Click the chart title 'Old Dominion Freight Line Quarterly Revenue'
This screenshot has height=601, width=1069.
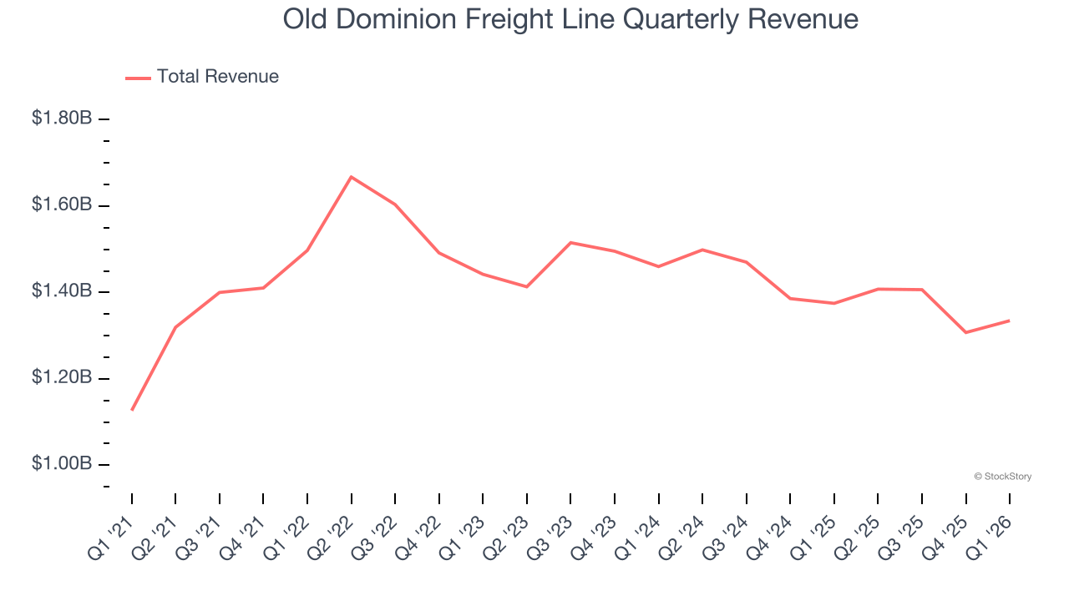click(570, 19)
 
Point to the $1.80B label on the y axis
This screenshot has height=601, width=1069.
click(62, 119)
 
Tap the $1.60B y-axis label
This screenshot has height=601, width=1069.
click(62, 205)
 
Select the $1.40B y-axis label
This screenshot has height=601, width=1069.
click(62, 291)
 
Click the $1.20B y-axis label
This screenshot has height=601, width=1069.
click(62, 378)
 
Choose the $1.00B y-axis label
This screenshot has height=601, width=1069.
click(62, 464)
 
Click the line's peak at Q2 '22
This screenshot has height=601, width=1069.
click(352, 177)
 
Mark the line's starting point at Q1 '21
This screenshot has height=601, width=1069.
click(132, 410)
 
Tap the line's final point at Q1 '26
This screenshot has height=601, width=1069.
click(1010, 321)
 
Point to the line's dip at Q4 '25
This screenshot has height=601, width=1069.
click(966, 332)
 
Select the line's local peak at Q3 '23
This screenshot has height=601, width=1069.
click(570, 243)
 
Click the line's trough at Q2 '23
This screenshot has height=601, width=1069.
click(527, 286)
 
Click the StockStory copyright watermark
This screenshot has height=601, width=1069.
click(1002, 477)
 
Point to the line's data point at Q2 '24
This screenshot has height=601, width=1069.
click(702, 250)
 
